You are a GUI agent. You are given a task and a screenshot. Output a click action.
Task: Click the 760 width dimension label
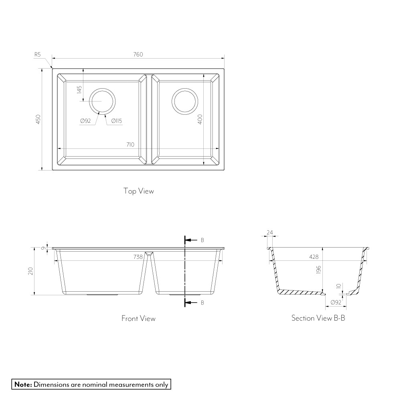138,55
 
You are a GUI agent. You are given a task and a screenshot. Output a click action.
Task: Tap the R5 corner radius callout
38,55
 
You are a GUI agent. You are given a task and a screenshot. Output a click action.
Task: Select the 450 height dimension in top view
38,119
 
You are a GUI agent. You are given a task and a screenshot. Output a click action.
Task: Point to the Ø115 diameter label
117,121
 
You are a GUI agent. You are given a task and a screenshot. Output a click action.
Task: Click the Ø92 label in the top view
85,121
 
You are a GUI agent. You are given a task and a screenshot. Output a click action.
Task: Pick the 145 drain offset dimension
79,90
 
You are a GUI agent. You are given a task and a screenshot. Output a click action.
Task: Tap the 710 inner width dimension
130,144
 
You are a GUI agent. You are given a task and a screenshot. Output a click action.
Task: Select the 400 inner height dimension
200,119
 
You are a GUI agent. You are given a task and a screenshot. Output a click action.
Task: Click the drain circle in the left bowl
102,88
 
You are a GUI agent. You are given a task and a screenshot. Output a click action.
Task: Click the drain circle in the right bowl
185,88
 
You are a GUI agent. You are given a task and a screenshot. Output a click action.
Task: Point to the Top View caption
139,191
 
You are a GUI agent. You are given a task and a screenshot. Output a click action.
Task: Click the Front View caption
138,319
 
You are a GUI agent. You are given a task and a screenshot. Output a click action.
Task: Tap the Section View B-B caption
318,318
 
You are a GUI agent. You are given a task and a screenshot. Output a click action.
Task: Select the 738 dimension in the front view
138,257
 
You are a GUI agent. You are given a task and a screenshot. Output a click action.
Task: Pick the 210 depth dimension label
31,271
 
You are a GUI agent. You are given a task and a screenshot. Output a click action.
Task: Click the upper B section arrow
191,240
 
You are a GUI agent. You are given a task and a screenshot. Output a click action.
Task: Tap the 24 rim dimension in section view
270,232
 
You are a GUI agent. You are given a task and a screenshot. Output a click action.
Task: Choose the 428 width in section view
314,257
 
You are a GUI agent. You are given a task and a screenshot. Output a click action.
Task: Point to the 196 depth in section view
318,270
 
